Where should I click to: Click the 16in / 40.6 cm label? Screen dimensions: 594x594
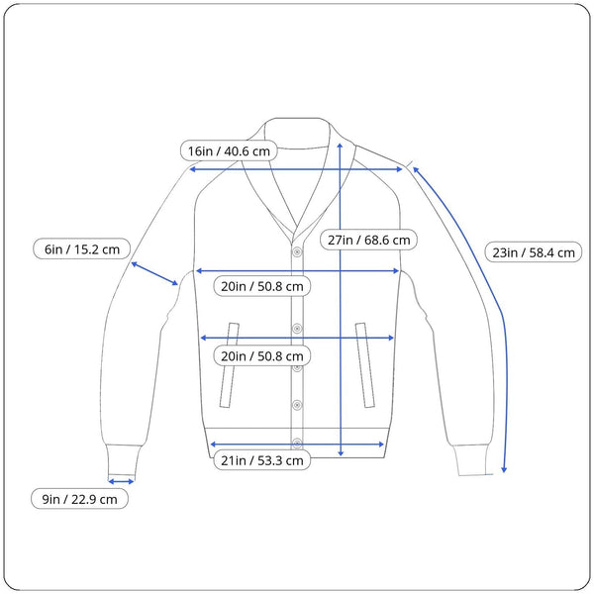pyautogui.click(x=229, y=151)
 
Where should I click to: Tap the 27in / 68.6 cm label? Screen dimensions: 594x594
pyautogui.click(x=367, y=240)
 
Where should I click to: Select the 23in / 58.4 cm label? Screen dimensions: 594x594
pyautogui.click(x=534, y=252)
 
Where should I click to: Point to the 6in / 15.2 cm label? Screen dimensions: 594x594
pyautogui.click(x=81, y=249)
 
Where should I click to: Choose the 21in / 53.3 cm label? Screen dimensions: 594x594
pyautogui.click(x=261, y=460)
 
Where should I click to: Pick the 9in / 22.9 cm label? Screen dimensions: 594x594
pyautogui.click(x=79, y=500)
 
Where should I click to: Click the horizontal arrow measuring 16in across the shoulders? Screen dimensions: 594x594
pyautogui.click(x=297, y=169)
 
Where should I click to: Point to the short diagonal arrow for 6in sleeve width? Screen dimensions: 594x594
pyautogui.click(x=154, y=273)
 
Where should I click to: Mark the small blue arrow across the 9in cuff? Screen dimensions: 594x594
pyautogui.click(x=121, y=481)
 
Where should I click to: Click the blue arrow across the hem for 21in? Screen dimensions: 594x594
pyautogui.click(x=297, y=445)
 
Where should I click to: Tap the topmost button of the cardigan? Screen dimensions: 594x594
pyautogui.click(x=296, y=251)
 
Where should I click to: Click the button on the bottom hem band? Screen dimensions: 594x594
pyautogui.click(x=296, y=443)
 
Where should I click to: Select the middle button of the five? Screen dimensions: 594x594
pyautogui.click(x=296, y=365)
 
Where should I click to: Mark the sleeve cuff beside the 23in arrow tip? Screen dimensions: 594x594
pyautogui.click(x=472, y=461)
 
